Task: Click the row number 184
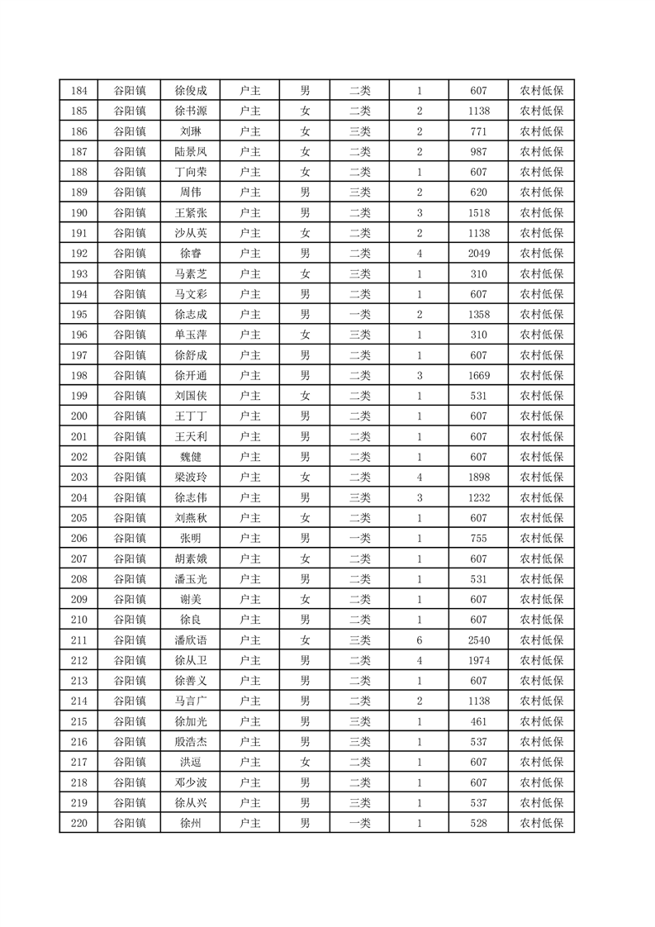(x=79, y=91)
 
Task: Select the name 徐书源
(x=191, y=112)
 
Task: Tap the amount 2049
(x=478, y=254)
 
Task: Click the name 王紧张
(x=191, y=213)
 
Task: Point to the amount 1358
(x=478, y=315)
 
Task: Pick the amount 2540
(x=478, y=640)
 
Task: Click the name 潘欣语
(x=191, y=640)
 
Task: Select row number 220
(x=79, y=823)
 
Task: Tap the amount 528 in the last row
(x=478, y=823)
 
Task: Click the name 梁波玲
(x=191, y=478)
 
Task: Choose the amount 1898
(x=478, y=478)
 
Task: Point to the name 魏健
(x=191, y=457)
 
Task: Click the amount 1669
(x=478, y=376)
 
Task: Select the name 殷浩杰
(x=191, y=742)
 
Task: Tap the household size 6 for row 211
(x=420, y=640)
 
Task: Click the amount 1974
(x=478, y=660)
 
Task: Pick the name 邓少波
(x=191, y=782)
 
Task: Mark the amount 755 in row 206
(x=478, y=539)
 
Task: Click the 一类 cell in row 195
(x=360, y=315)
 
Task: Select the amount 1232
(x=478, y=498)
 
